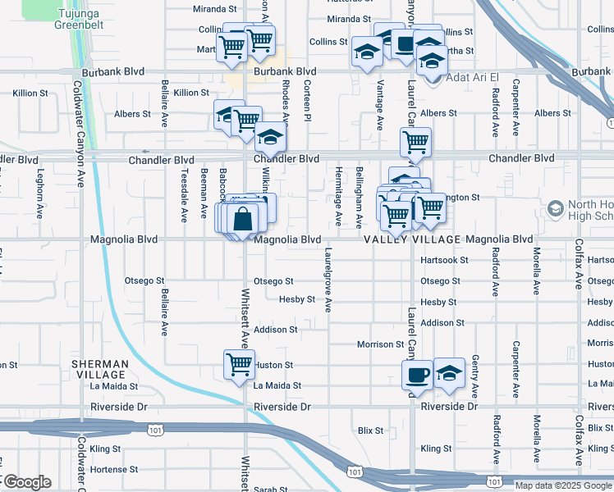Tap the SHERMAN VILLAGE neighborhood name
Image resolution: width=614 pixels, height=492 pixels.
pyautogui.click(x=99, y=369)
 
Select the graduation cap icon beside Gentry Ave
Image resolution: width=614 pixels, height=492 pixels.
pyautogui.click(x=449, y=373)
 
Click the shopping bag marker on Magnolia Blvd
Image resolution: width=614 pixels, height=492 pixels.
pyautogui.click(x=244, y=220)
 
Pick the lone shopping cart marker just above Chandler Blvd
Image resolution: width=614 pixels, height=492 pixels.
pyautogui.click(x=416, y=141)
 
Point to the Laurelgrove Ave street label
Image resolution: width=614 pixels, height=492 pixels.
pyautogui.click(x=328, y=280)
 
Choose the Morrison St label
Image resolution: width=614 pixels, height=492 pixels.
pyautogui.click(x=381, y=344)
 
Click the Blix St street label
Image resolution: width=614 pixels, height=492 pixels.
pyautogui.click(x=371, y=430)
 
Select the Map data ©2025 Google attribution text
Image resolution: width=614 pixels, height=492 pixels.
pyautogui.click(x=562, y=485)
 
